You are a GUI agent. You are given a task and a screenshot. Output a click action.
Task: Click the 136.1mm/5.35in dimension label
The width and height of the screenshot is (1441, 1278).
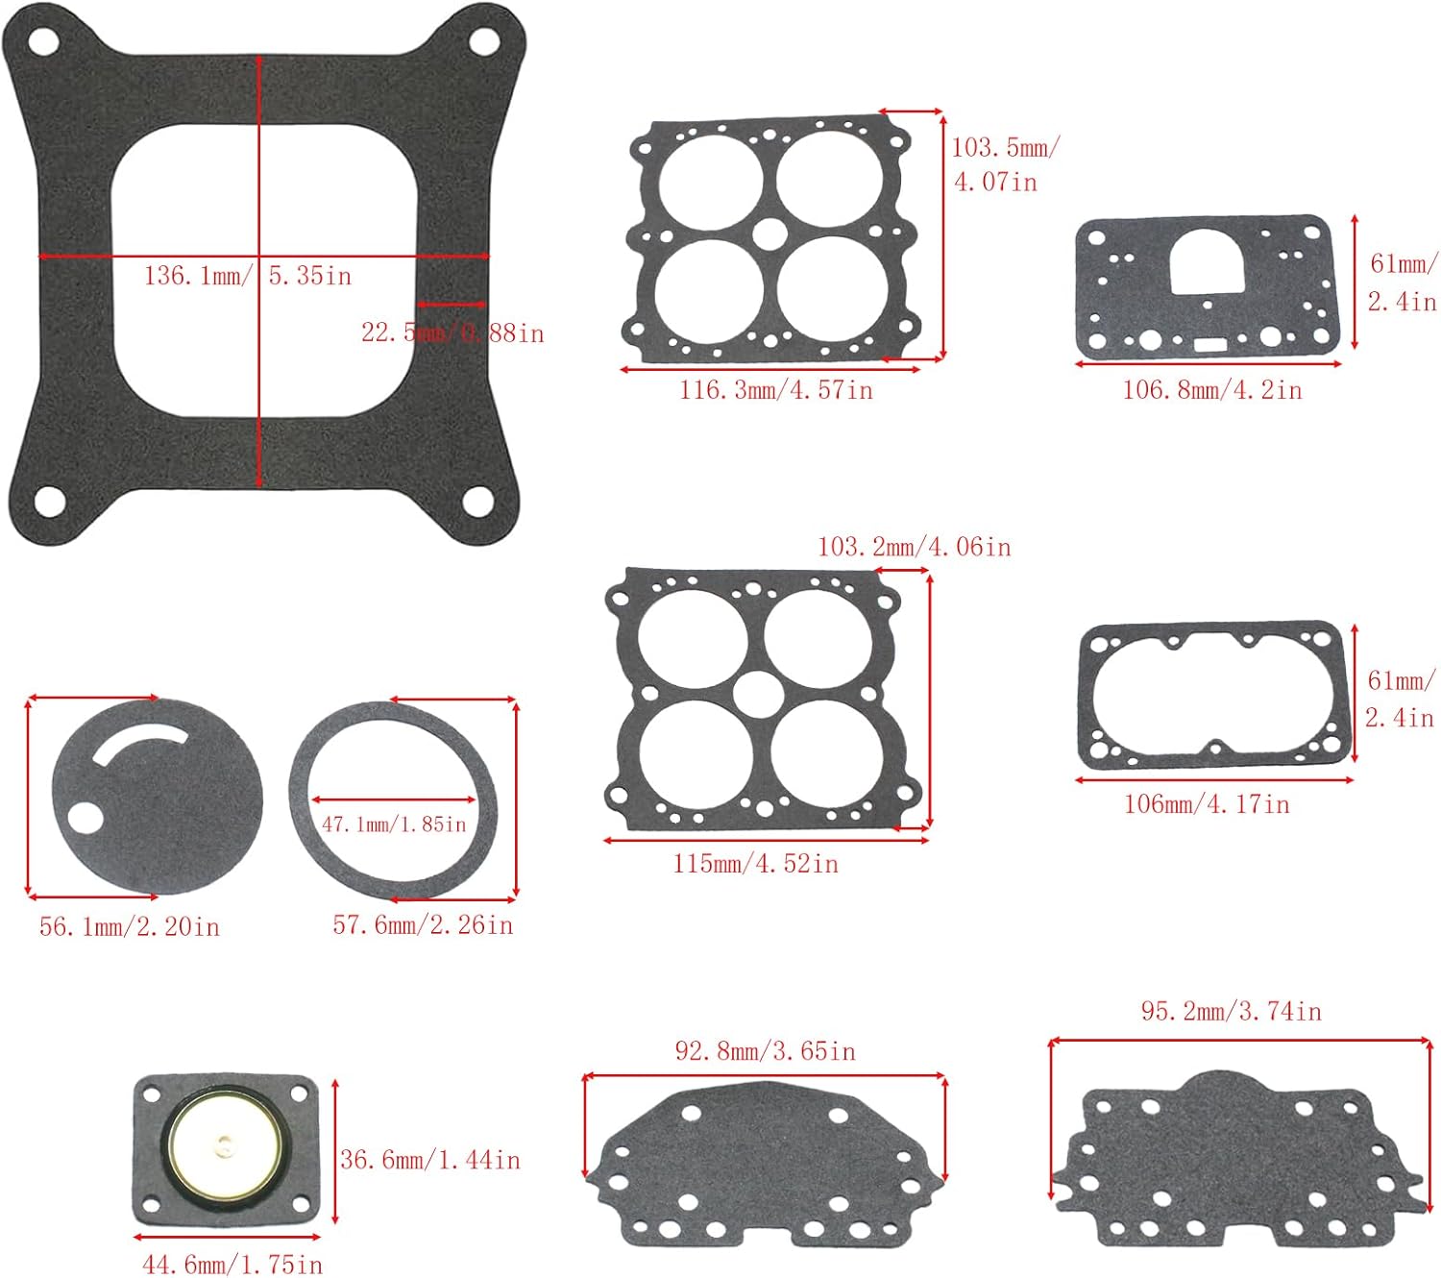248,276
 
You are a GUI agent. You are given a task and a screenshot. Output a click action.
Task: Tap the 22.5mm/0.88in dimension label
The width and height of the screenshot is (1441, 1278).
452,333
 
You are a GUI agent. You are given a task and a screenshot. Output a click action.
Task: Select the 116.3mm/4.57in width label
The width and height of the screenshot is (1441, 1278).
776,390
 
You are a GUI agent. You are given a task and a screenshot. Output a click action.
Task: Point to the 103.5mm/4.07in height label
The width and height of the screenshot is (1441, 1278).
1003,164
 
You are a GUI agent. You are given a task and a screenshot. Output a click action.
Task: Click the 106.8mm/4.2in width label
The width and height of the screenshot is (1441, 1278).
1212,390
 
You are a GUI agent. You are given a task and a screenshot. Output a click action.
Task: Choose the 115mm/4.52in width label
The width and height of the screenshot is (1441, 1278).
755,864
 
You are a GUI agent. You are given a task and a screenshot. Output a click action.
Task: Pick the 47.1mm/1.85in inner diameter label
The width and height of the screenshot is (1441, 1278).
394,824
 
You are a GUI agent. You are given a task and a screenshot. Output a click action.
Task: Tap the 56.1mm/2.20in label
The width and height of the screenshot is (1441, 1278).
130,926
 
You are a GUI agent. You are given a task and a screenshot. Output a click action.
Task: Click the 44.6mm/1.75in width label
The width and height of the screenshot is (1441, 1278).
232,1264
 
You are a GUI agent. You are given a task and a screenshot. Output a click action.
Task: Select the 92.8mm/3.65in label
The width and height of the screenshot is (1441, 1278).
765,1051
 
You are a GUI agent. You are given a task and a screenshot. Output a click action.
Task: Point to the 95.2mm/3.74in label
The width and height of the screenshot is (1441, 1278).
1231,1011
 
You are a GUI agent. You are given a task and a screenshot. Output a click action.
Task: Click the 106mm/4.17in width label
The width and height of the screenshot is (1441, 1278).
1207,804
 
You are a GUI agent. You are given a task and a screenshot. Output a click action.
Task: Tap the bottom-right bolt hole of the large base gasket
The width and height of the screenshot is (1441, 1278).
477,501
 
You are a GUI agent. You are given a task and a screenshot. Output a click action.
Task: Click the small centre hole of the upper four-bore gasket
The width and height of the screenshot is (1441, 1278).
769,233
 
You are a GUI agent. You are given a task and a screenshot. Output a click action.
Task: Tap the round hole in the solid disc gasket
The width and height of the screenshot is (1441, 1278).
84,819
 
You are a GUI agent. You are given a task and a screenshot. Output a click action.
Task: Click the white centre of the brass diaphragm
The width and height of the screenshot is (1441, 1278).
225,1143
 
